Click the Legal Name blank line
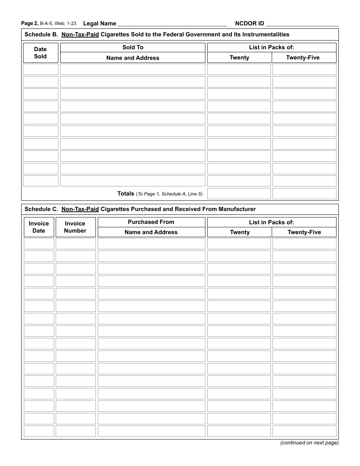[172, 24]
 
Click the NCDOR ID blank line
[302, 24]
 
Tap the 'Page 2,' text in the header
[30, 23]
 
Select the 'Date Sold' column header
[41, 53]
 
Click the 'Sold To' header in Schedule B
[133, 47]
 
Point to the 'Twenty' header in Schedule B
[239, 58]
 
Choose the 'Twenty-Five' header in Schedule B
[303, 58]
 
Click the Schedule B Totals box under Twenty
[239, 194]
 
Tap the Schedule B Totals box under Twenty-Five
[304, 194]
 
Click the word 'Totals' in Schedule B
[126, 194]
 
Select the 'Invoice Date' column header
[39, 227]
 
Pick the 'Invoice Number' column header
[75, 227]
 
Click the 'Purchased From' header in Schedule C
[151, 222]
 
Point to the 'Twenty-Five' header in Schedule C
[304, 232]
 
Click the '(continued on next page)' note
[309, 443]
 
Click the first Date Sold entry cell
[41, 69]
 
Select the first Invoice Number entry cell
[76, 244]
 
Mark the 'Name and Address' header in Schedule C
[151, 232]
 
